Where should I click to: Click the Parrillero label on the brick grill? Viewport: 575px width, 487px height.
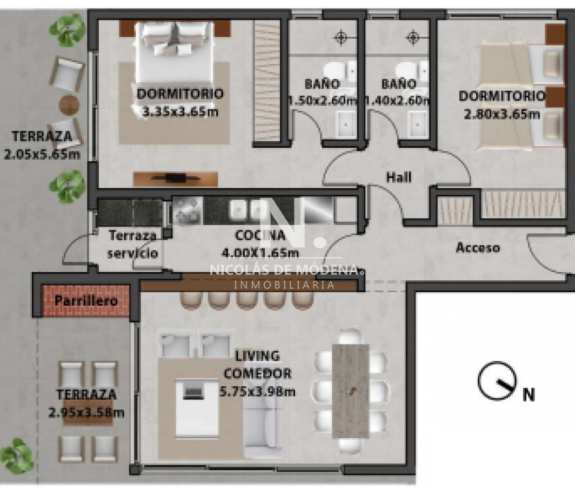(x=86, y=301)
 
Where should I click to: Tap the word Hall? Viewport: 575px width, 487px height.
(x=399, y=177)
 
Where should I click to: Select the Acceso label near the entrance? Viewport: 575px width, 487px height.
(x=478, y=248)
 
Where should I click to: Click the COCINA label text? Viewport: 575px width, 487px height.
(x=260, y=236)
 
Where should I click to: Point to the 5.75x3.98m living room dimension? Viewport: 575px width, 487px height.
(x=258, y=391)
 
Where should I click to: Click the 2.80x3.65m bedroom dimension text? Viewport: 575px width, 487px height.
(x=502, y=114)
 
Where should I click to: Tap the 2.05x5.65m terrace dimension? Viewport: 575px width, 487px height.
(x=42, y=154)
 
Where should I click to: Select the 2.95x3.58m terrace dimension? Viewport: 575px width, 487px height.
(x=86, y=412)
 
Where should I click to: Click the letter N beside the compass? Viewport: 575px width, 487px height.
(x=529, y=395)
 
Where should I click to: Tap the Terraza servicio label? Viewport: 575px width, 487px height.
(x=132, y=244)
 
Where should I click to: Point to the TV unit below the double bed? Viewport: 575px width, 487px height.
(x=176, y=178)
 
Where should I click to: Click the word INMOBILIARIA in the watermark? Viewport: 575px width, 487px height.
(x=284, y=284)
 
